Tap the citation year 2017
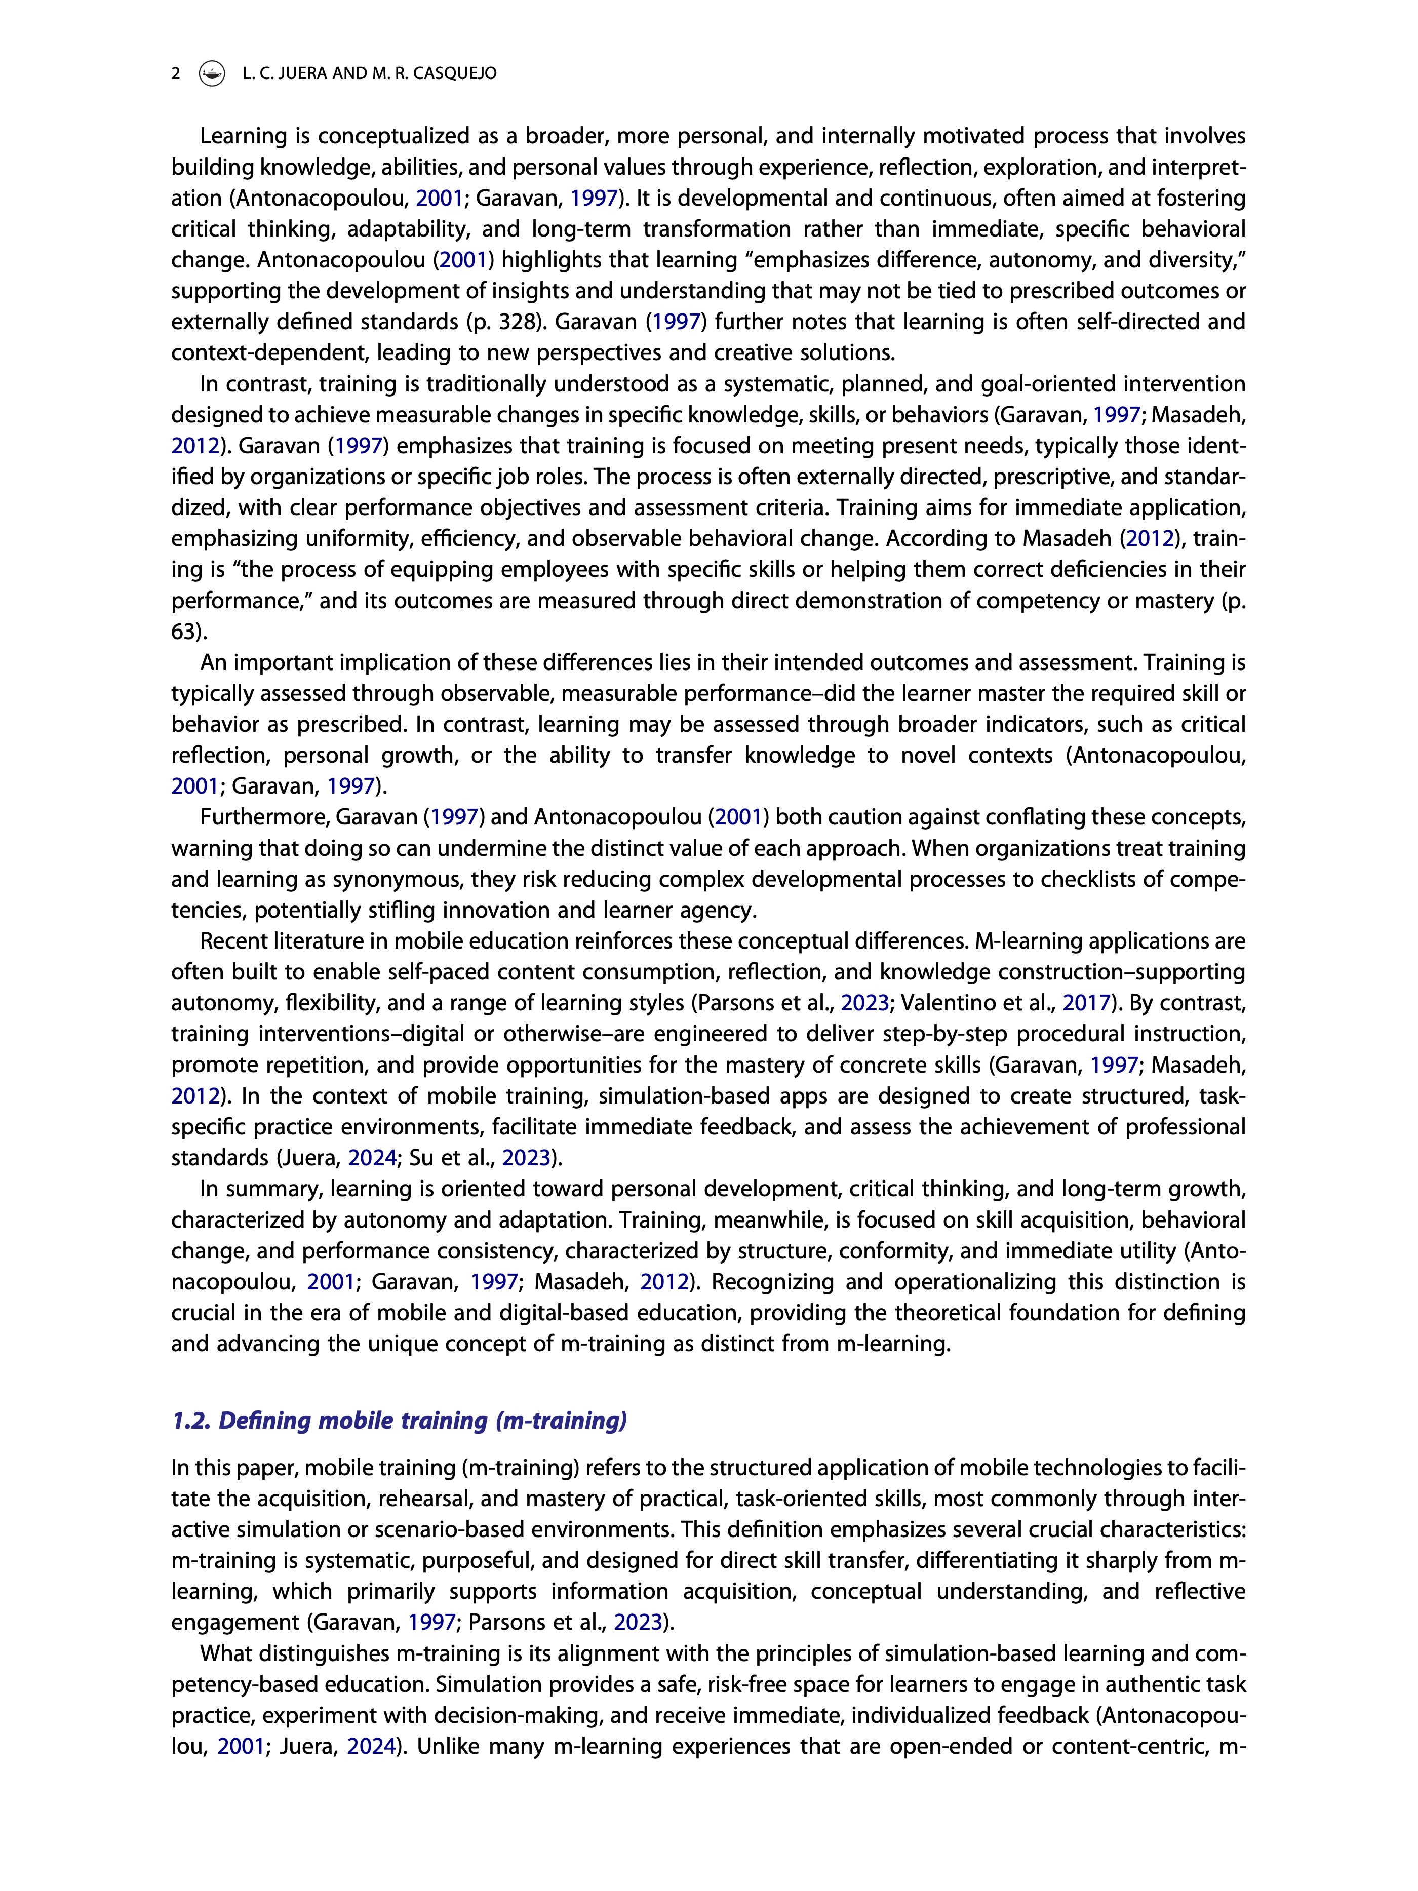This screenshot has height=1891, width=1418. click(x=1085, y=1003)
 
